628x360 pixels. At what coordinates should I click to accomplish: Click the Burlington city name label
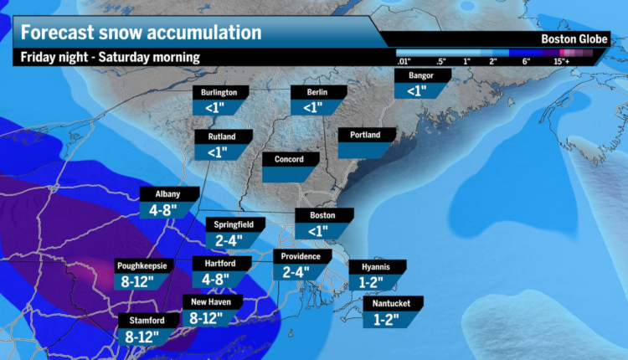click(x=219, y=92)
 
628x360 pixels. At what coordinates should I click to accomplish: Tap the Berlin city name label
click(x=312, y=92)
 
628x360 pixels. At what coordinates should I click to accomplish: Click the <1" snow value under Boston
click(x=317, y=230)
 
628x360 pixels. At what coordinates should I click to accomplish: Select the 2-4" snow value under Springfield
click(x=227, y=240)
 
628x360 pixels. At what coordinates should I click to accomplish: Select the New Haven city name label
click(x=212, y=301)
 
